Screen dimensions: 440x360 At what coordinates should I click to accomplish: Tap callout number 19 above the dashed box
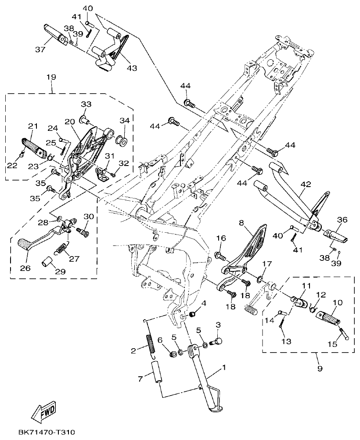pos(51,77)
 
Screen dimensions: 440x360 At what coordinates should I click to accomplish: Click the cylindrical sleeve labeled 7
pos(157,373)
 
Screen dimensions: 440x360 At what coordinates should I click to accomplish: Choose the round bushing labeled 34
pos(122,141)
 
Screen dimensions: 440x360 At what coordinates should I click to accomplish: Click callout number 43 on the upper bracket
pos(132,68)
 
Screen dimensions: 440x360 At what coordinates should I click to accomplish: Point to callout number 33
pos(86,104)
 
